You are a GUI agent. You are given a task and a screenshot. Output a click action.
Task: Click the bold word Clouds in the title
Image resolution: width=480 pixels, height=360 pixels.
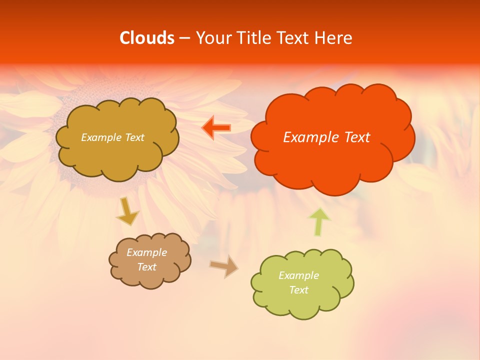(147, 38)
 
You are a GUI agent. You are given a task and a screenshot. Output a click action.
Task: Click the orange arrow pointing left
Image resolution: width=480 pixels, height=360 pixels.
(216, 128)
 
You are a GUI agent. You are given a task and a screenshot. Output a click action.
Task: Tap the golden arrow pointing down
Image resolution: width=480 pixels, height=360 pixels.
(127, 211)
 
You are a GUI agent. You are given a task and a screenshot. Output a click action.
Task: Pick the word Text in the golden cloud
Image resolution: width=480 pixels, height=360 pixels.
(134, 137)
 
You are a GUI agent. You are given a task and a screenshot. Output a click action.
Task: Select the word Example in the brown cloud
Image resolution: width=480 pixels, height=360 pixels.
(147, 252)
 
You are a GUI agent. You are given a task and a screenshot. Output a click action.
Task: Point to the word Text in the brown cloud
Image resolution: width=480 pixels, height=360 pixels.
(147, 267)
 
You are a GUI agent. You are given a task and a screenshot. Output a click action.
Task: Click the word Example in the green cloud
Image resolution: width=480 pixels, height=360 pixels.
(298, 275)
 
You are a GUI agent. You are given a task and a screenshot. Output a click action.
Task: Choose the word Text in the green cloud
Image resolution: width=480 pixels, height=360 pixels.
(298, 290)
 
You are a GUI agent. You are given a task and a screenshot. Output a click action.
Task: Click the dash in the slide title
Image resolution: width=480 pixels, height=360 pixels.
(184, 38)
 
